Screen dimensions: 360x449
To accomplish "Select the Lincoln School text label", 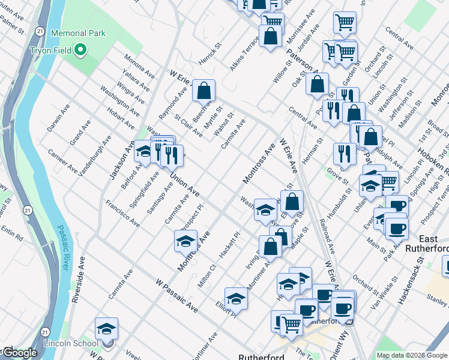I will point(71,343).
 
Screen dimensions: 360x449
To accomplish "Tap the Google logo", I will point(20,353).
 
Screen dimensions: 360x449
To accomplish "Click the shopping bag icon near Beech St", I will point(204,92).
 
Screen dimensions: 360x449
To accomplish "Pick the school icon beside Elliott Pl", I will point(236,298).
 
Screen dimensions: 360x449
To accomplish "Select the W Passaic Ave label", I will point(176,295).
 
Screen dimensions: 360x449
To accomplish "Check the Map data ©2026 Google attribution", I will point(412,355).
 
